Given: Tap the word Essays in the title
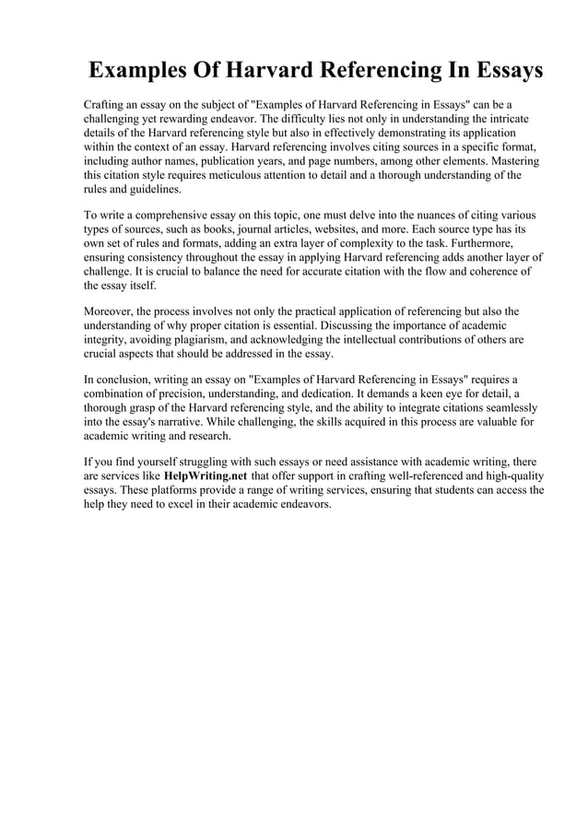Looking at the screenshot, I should pos(495,71).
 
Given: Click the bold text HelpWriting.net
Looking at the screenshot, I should pos(206,475).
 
